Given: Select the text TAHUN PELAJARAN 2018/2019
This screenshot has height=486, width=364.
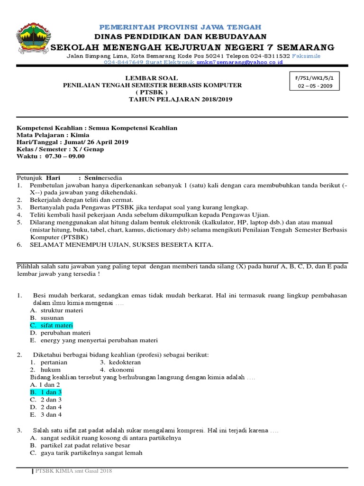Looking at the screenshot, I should point(181,99).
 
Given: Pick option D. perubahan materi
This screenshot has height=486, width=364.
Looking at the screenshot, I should point(60,333).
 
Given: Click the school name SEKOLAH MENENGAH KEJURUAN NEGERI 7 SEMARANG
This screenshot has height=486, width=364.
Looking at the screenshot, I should point(192,47).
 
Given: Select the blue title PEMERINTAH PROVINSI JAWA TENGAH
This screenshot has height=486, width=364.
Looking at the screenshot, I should point(179,27).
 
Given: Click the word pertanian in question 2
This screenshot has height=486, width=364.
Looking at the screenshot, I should point(54,362).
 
